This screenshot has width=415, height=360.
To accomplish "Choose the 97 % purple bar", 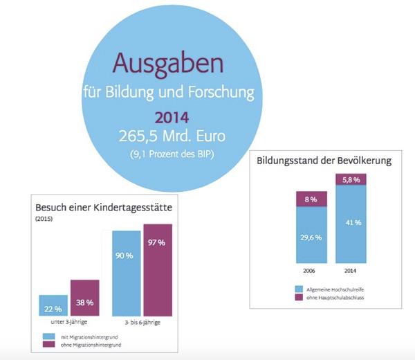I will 158,270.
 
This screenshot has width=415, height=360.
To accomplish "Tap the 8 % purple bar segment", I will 311,199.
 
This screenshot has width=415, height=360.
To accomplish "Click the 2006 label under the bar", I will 311,270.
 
